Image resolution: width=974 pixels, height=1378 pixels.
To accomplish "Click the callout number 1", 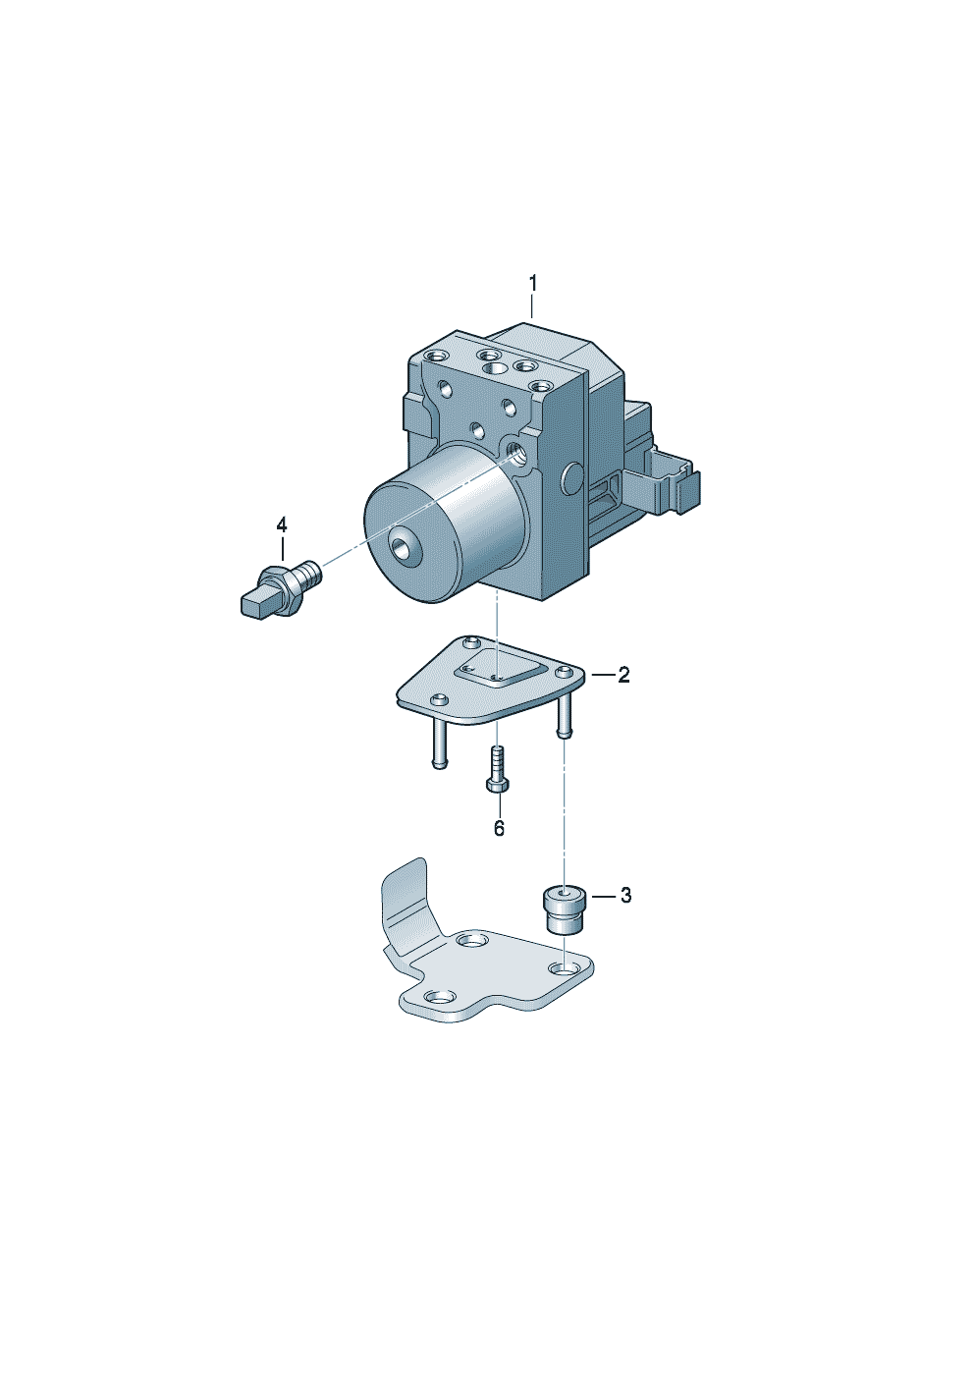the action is [533, 284].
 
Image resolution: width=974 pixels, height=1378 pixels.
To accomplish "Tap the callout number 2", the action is [623, 675].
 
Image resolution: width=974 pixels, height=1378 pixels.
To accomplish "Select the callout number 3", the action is [625, 896].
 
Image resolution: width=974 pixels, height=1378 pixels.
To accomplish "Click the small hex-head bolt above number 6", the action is [498, 769].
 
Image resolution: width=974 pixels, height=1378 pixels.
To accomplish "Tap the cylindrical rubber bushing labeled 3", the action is [562, 909].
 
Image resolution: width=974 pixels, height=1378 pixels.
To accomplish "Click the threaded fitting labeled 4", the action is [281, 588].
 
